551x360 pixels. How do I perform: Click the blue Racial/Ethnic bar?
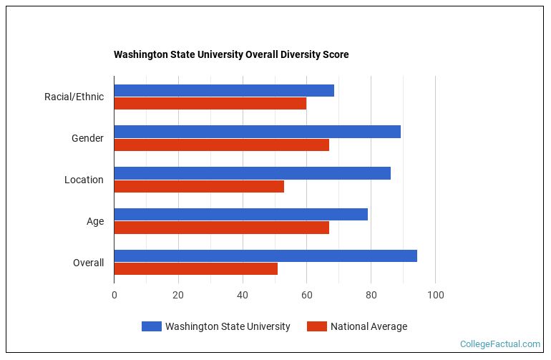[224, 90]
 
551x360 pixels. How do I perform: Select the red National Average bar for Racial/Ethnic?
[210, 103]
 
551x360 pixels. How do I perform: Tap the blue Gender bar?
[257, 132]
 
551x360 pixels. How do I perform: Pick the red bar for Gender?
[221, 145]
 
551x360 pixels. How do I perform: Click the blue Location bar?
[252, 173]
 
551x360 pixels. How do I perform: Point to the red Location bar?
[199, 186]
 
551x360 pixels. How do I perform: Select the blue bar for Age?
[240, 215]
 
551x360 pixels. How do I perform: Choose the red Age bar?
[221, 228]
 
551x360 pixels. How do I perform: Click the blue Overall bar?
[265, 256]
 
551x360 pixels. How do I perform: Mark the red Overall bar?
[195, 269]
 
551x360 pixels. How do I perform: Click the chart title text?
[231, 54]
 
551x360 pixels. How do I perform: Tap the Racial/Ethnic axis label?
[74, 97]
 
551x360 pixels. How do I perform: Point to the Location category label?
[84, 180]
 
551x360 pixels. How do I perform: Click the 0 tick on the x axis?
[114, 295]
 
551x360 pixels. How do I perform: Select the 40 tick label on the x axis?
[243, 295]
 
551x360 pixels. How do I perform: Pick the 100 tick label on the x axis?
[435, 295]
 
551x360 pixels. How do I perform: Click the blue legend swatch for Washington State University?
[151, 326]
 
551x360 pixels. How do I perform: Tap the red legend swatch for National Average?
[316, 326]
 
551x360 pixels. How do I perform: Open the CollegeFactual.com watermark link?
[500, 344]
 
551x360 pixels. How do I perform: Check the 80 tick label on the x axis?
[371, 295]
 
